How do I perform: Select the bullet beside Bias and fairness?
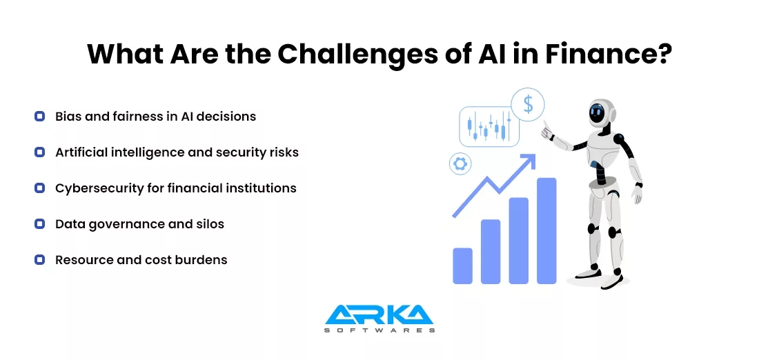(x=40, y=116)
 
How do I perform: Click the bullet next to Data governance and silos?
(x=40, y=224)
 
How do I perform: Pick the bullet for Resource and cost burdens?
(x=40, y=260)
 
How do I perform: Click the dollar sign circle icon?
(x=528, y=105)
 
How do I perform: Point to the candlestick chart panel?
(x=489, y=126)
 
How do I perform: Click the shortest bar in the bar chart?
(x=462, y=266)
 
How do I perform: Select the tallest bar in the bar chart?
(x=546, y=231)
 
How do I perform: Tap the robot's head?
(x=601, y=114)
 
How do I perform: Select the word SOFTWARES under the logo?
(x=379, y=330)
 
